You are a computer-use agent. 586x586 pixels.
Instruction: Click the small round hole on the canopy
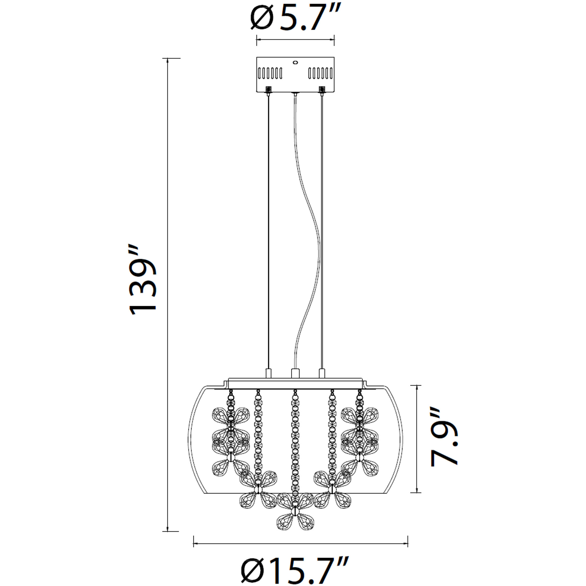coord(295,63)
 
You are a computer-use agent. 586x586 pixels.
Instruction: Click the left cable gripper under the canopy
coord(268,90)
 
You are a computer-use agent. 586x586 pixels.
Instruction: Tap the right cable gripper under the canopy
coord(322,90)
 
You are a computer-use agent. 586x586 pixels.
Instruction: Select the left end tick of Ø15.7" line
coord(194,541)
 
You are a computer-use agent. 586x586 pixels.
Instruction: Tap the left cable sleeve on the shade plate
coord(268,373)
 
